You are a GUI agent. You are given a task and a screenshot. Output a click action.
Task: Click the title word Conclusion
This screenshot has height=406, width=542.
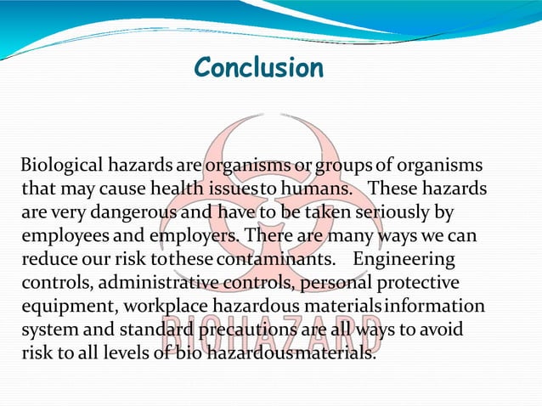pyautogui.click(x=258, y=67)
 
